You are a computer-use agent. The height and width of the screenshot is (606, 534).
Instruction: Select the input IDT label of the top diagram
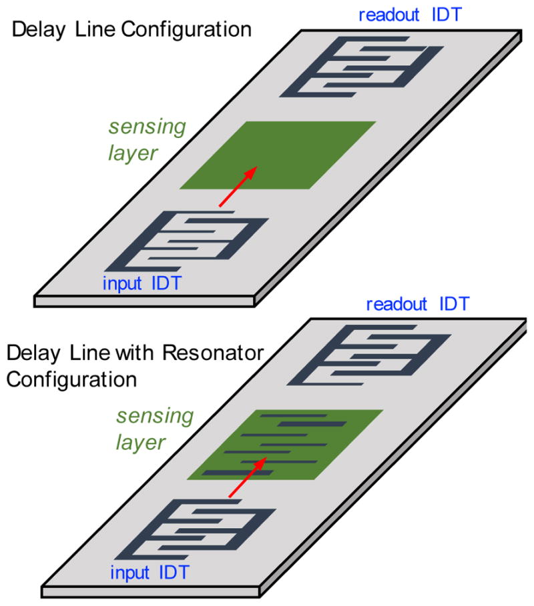141,283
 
